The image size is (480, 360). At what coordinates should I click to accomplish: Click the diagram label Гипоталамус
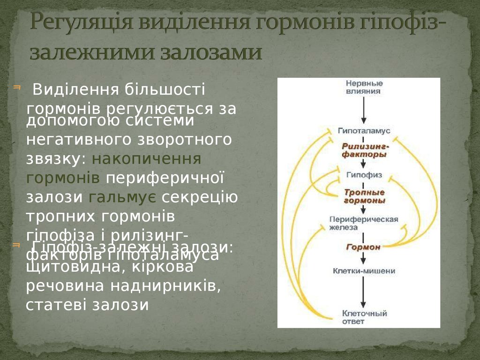(364, 130)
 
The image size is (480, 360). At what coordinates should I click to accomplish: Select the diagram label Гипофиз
(364, 174)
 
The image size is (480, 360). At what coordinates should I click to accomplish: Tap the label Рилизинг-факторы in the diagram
(365, 150)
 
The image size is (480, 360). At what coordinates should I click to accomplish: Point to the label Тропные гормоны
(365, 196)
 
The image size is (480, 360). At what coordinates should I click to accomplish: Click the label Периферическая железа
(364, 223)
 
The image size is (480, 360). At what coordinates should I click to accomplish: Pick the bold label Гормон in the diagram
(363, 247)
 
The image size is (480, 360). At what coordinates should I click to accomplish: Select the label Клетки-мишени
(364, 270)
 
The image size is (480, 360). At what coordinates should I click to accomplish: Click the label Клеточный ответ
(364, 317)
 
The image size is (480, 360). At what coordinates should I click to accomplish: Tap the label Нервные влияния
(363, 87)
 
